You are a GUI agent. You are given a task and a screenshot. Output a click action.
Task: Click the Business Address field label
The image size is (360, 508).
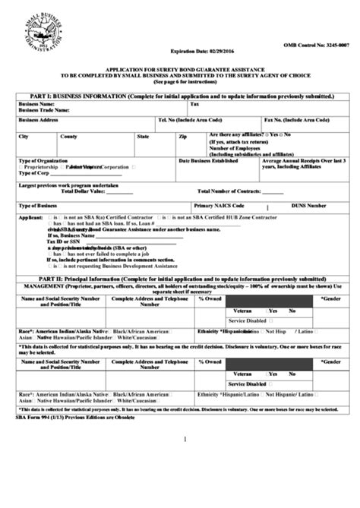pos(39,120)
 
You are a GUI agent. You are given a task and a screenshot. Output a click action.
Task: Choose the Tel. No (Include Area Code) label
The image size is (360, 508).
pos(190,120)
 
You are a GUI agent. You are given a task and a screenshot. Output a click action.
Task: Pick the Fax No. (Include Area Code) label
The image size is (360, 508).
pos(297,120)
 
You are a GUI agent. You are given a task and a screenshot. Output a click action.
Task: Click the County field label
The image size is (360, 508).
pos(69,137)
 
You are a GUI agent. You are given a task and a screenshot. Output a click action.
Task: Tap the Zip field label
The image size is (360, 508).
pos(182,137)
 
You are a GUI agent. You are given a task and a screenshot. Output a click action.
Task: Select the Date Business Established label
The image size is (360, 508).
pos(209,160)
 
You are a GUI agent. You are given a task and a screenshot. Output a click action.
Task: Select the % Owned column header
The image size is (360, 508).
pos(210,298)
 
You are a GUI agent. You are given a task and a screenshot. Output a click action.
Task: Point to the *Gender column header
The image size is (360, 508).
pos(330,298)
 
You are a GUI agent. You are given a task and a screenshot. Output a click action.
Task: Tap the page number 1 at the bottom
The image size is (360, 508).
pos(185,439)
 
